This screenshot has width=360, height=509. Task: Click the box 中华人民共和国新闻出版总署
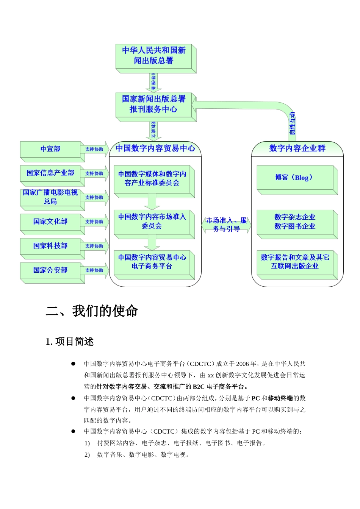pyautogui.click(x=154, y=56)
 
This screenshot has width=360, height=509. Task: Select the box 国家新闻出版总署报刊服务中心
pyautogui.click(x=154, y=104)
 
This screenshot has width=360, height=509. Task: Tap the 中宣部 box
pyautogui.click(x=50, y=149)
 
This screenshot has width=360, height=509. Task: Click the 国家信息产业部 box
pyautogui.click(x=50, y=173)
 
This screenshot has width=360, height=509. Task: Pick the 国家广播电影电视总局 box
pyautogui.click(x=50, y=197)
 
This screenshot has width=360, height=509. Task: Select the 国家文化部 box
pyautogui.click(x=50, y=222)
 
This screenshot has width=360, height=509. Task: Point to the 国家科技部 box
pyautogui.click(x=50, y=246)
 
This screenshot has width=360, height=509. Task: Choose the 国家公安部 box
pyautogui.click(x=50, y=270)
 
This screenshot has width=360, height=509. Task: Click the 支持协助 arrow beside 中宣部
pyautogui.click(x=94, y=149)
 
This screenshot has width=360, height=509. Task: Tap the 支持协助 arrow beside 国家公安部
pyautogui.click(x=94, y=270)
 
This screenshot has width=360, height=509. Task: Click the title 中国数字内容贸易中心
pyautogui.click(x=155, y=148)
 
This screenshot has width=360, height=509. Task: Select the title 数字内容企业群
pyautogui.click(x=297, y=148)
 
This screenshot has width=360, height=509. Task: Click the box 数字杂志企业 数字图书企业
pyautogui.click(x=295, y=222)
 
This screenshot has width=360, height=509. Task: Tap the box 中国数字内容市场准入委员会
pyautogui.click(x=152, y=222)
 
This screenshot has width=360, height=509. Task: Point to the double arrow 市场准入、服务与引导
pyautogui.click(x=226, y=225)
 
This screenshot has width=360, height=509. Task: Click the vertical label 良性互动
pyautogui.click(x=292, y=123)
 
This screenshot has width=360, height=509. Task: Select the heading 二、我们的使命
pyautogui.click(x=92, y=311)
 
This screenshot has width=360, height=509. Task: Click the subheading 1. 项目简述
pyautogui.click(x=70, y=342)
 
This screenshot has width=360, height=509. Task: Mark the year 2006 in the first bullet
pyautogui.click(x=243, y=364)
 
